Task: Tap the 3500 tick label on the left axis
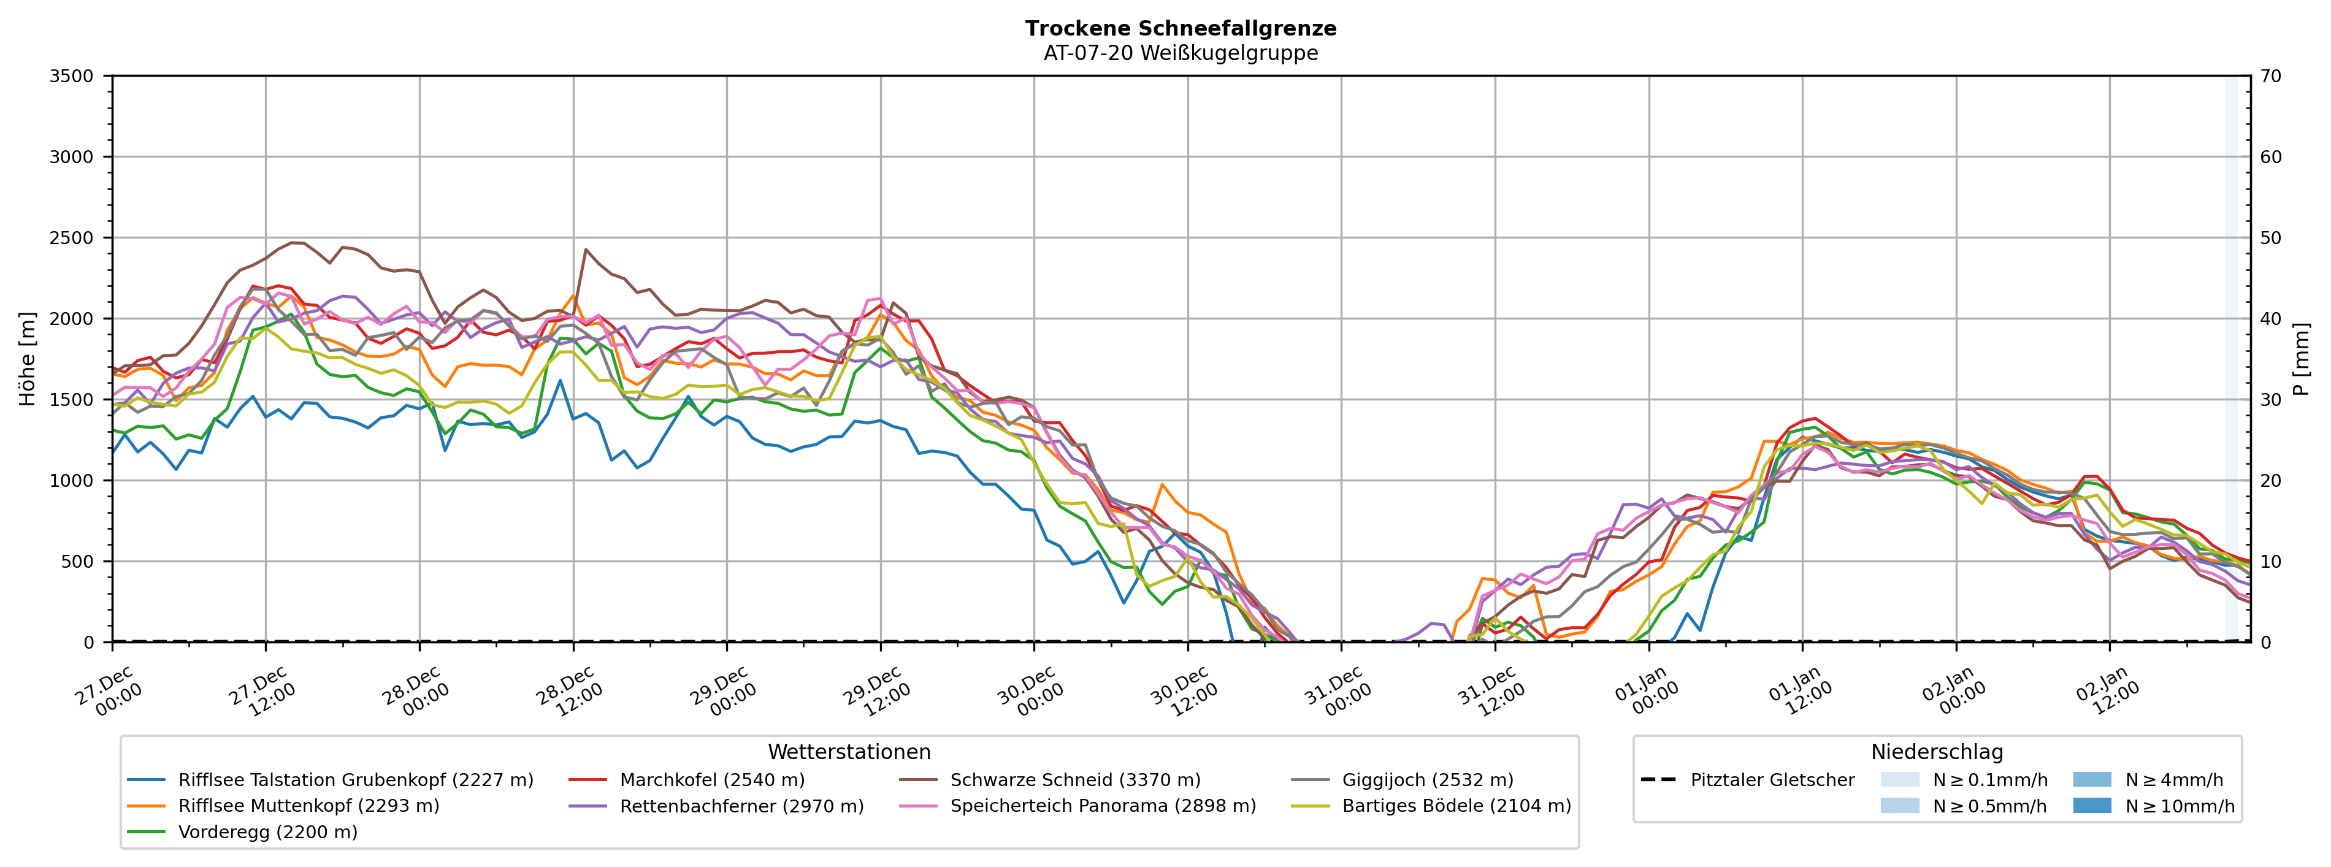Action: (x=72, y=76)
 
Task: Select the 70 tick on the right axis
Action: (x=2270, y=76)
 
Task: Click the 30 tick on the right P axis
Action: (x=2270, y=400)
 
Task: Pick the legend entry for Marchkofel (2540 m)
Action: (x=712, y=780)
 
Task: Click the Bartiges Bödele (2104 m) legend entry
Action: (x=1456, y=806)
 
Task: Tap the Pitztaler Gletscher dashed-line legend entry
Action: (x=1772, y=780)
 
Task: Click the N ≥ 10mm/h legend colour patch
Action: (x=2091, y=806)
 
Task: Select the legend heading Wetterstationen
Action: (x=849, y=752)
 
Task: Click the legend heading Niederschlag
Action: (x=1937, y=752)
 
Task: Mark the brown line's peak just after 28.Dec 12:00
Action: (x=586, y=249)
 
